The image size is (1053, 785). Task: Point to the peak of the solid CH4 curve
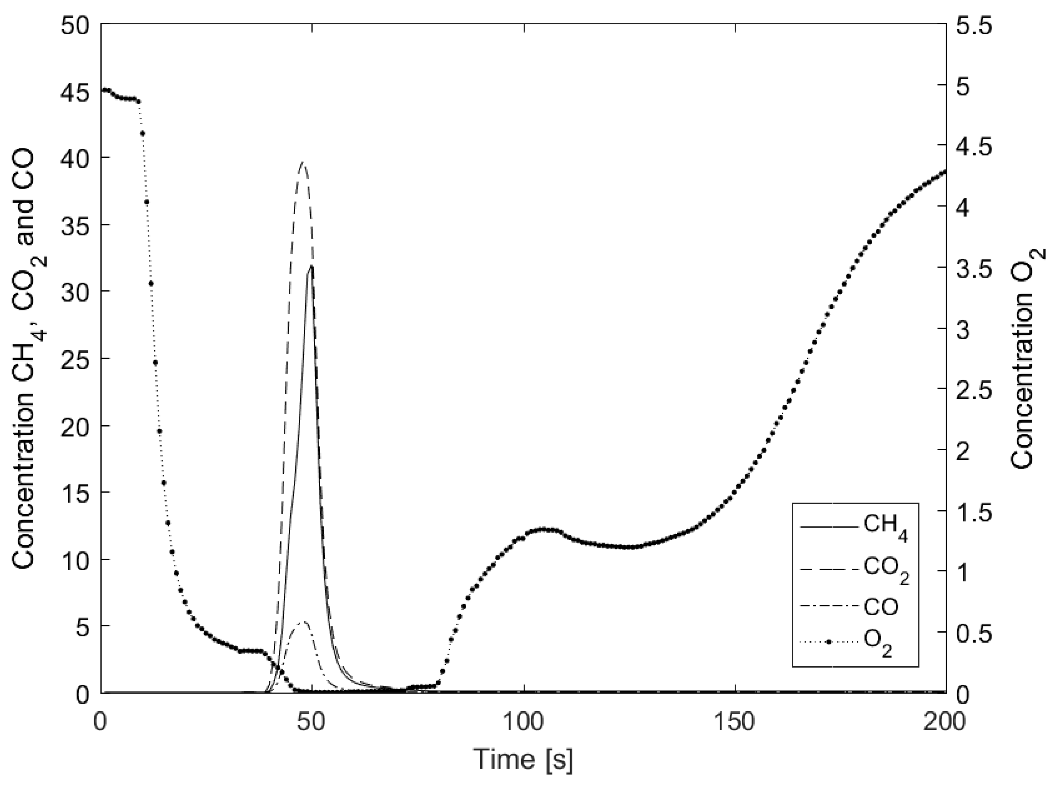pyautogui.click(x=311, y=266)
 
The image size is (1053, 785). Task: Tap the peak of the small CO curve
pyautogui.click(x=304, y=622)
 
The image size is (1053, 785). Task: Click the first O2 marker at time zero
pyautogui.click(x=103, y=90)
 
